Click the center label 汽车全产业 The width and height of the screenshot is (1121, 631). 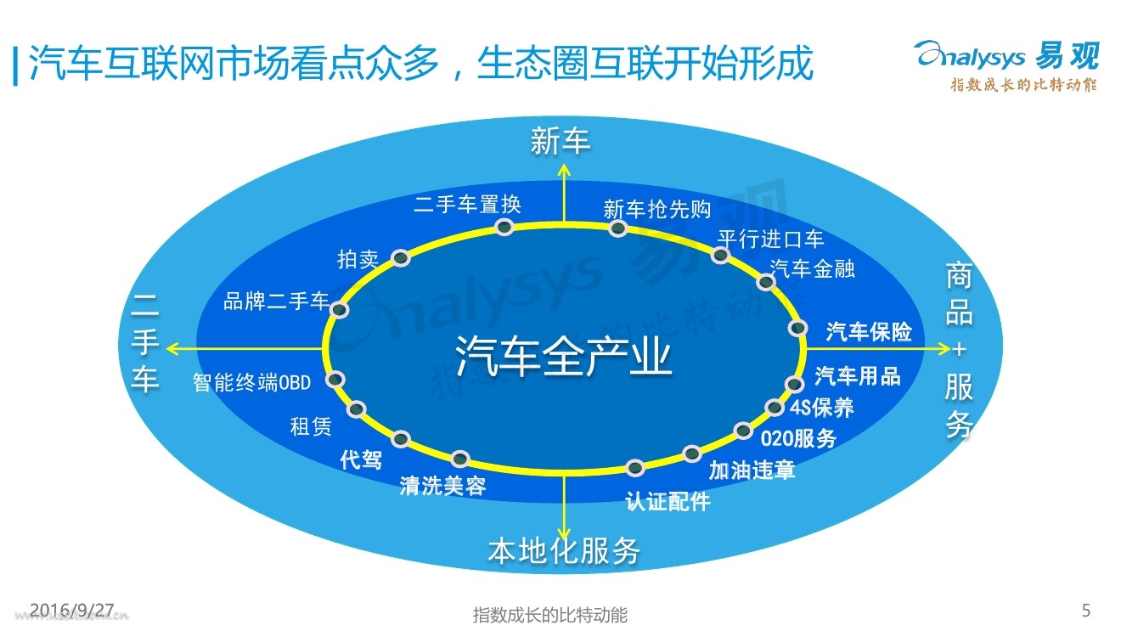pyautogui.click(x=564, y=357)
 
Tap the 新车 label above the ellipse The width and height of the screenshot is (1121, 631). pyautogui.click(x=560, y=141)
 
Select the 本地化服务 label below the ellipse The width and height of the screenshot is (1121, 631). pyautogui.click(x=564, y=551)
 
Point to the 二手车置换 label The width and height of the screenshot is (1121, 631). pyautogui.click(x=468, y=205)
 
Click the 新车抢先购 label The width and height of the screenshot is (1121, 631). pyautogui.click(x=656, y=209)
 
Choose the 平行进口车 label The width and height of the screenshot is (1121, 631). pyautogui.click(x=770, y=239)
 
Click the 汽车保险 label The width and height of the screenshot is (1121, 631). pyautogui.click(x=869, y=331)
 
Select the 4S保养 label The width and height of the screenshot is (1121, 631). pyautogui.click(x=821, y=408)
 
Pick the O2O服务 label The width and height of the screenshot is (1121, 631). pyautogui.click(x=798, y=438)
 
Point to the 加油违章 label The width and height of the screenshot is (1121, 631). pyautogui.click(x=752, y=470)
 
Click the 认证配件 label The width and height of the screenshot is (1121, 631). pyautogui.click(x=668, y=501)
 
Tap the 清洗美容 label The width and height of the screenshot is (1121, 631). pyautogui.click(x=443, y=487)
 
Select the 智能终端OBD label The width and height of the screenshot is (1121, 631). pyautogui.click(x=252, y=383)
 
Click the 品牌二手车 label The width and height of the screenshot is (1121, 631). pyautogui.click(x=276, y=301)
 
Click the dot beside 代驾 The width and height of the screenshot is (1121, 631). pyautogui.click(x=401, y=439)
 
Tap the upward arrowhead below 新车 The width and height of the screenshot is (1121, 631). pyautogui.click(x=563, y=168)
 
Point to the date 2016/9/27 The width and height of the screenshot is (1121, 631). pyautogui.click(x=71, y=609)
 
